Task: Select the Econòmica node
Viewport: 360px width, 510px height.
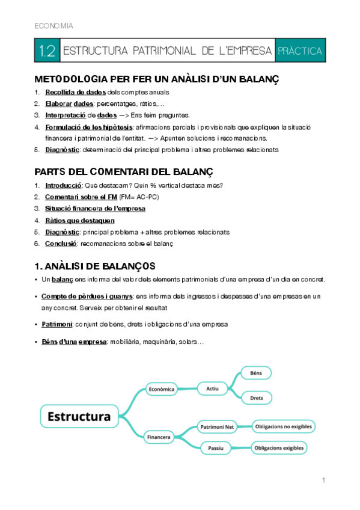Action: coord(161,389)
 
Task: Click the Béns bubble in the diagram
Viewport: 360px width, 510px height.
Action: coord(256,373)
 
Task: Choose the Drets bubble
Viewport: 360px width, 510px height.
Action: coord(257,398)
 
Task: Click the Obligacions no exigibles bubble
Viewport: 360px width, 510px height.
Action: coord(284,427)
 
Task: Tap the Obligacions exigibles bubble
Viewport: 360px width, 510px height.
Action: coord(279,448)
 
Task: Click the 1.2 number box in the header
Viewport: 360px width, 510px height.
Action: coord(46,51)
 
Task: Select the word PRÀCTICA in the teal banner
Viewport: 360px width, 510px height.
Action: coord(300,51)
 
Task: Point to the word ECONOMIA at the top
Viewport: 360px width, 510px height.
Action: coord(54,26)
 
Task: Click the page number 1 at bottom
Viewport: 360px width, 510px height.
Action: coord(323,481)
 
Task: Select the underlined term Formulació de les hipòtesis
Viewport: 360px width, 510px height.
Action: coord(90,127)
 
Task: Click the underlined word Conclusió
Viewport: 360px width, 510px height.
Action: coord(61,244)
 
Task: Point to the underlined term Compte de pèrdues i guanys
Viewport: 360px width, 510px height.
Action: coord(88,296)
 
